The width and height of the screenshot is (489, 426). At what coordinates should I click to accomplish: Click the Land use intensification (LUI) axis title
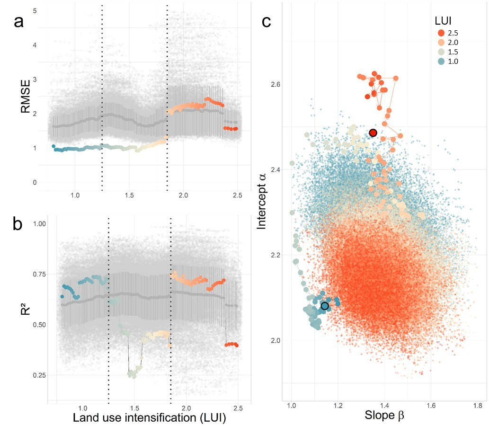(149, 418)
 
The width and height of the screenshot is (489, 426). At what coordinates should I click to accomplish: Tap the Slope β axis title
(383, 416)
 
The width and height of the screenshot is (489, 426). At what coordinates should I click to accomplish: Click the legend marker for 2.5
(441, 33)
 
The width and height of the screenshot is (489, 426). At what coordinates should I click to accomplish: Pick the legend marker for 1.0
(441, 61)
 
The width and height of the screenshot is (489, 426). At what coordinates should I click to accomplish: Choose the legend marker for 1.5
(441, 52)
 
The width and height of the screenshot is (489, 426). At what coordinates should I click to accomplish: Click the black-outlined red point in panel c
(373, 133)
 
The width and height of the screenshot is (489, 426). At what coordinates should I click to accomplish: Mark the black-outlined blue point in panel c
(325, 306)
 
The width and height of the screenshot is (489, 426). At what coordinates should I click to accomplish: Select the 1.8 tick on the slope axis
(477, 405)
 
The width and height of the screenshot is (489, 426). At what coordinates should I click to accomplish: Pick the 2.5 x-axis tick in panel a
(238, 195)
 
